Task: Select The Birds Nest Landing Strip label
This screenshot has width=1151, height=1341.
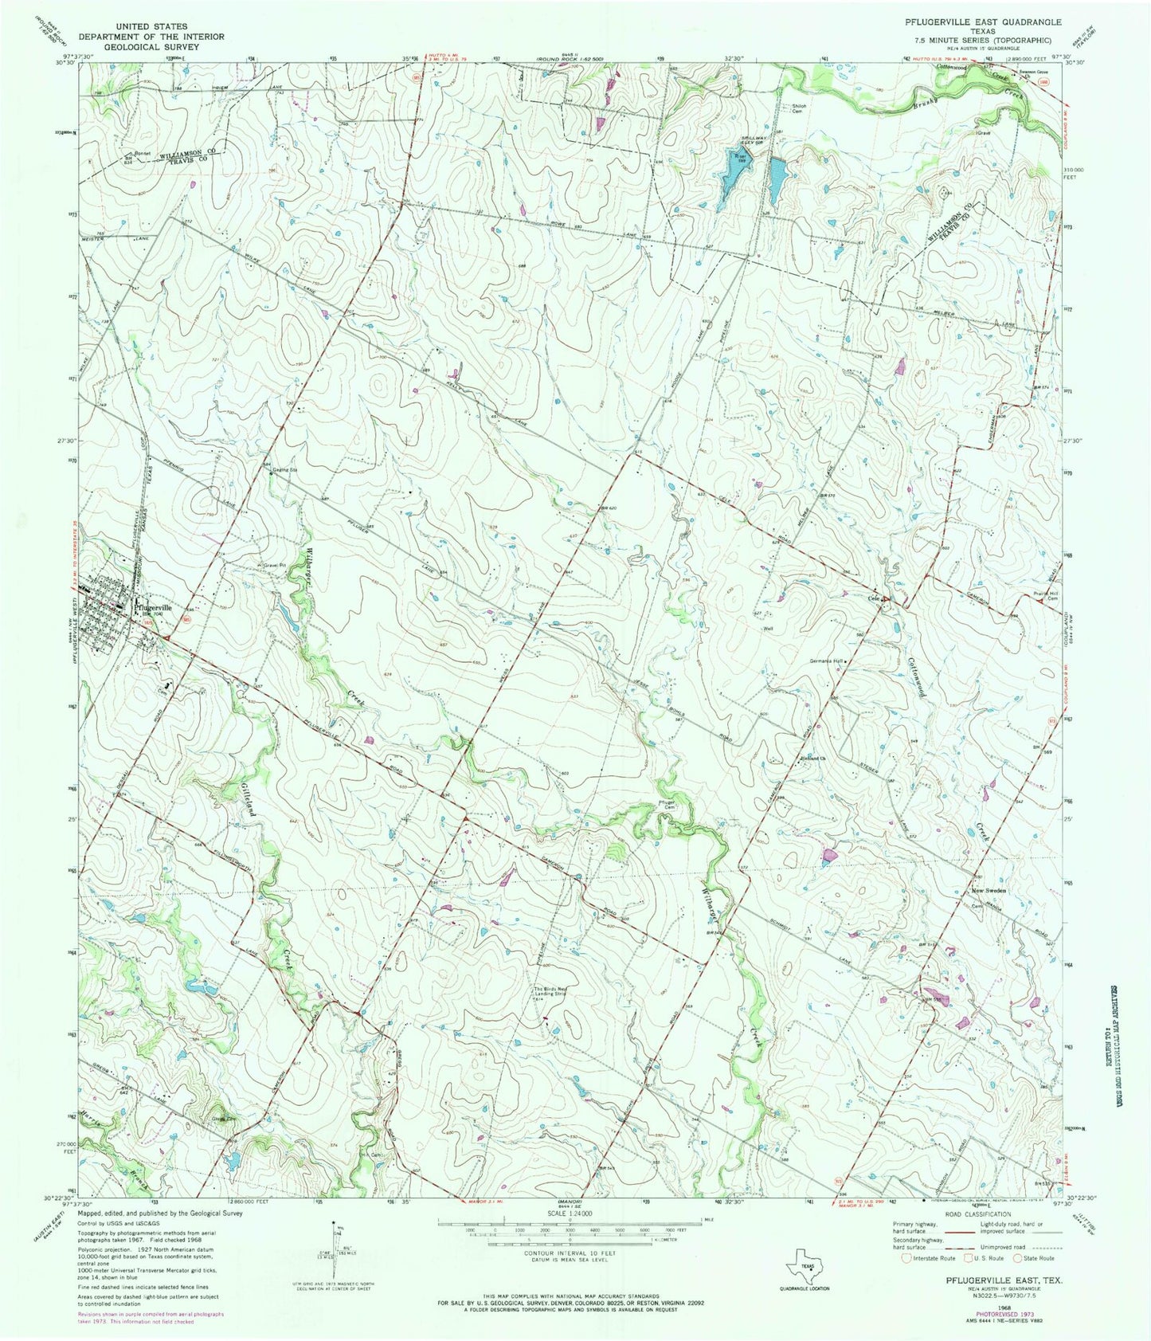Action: [554, 992]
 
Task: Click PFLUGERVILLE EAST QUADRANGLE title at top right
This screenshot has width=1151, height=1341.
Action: [987, 25]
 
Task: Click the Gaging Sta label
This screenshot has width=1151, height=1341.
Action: [285, 470]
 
